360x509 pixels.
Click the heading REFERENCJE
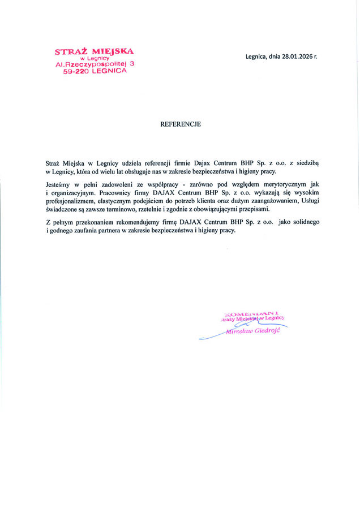click(180, 123)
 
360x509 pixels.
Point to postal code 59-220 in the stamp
click(76, 73)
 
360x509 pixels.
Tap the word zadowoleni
click(117, 185)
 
